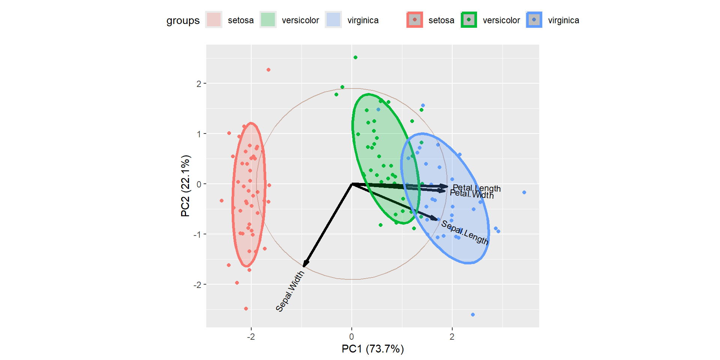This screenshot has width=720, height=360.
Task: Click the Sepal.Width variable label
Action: pyautogui.click(x=290, y=291)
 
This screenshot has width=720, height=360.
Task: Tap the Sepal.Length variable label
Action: pyautogui.click(x=465, y=232)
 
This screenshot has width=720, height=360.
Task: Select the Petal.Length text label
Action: pyautogui.click(x=477, y=188)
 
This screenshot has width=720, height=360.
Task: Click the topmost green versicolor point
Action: pyautogui.click(x=355, y=57)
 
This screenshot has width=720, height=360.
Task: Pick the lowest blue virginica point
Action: pyautogui.click(x=473, y=315)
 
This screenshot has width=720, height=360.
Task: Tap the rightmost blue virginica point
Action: pyautogui.click(x=524, y=192)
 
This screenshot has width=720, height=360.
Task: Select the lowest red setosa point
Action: pyautogui.click(x=246, y=309)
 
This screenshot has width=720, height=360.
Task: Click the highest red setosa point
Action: pyautogui.click(x=268, y=70)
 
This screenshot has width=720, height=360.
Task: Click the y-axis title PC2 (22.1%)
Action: pyautogui.click(x=185, y=186)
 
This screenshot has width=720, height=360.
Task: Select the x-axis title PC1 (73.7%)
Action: pyautogui.click(x=373, y=349)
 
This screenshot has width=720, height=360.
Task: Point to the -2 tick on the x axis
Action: pyautogui.click(x=251, y=337)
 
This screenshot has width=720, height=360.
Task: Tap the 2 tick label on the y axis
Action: pyautogui.click(x=199, y=84)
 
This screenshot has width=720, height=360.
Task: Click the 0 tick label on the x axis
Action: pyautogui.click(x=351, y=337)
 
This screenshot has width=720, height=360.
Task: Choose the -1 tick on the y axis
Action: pyautogui.click(x=197, y=235)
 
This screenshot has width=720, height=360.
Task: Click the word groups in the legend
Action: pyautogui.click(x=183, y=20)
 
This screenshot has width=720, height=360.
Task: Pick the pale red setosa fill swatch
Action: pyautogui.click(x=214, y=20)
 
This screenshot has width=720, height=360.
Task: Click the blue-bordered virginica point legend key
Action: pyautogui.click(x=534, y=20)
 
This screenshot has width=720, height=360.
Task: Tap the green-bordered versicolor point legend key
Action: pyautogui.click(x=469, y=20)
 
